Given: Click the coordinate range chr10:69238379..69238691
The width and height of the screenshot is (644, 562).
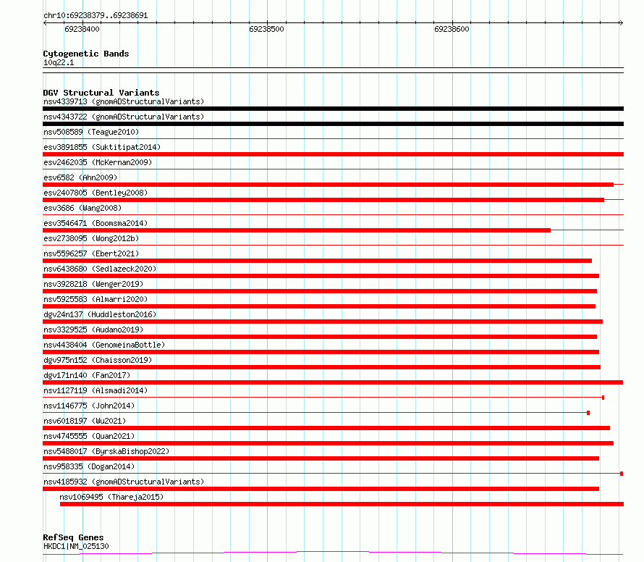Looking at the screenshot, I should pos(96,15).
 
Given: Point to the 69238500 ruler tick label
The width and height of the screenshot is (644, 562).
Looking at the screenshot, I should pos(266,30).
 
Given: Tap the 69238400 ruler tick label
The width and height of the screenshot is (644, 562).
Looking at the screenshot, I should pos(82,30).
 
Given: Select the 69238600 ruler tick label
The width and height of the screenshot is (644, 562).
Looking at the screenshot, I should pos(452,30).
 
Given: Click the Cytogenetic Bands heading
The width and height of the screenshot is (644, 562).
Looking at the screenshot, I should pos(86,54).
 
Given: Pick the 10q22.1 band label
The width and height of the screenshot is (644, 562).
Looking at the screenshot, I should pos(59,63).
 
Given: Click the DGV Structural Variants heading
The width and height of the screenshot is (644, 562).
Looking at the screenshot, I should pos(101,93).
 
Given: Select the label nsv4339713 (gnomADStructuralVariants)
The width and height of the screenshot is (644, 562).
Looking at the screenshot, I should pos(124,101).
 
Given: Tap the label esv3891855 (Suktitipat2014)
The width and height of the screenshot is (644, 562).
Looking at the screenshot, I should pos(102,147).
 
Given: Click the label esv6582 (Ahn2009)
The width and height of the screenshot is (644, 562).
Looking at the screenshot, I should pos(80,177).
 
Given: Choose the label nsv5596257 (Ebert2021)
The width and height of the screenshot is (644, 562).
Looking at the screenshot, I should pos(91,253).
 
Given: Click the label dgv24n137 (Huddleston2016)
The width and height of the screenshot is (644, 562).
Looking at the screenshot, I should pos(100,314).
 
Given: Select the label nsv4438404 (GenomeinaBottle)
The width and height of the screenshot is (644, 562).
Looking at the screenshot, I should pos(104,345).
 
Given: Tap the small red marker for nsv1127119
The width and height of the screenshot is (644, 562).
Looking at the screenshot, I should pos(603,398).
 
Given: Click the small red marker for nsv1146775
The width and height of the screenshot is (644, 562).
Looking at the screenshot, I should pos(588,413).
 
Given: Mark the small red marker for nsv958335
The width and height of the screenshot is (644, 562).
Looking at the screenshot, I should pos(622,474).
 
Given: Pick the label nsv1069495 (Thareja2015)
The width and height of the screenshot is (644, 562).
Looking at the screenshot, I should pos(112,497).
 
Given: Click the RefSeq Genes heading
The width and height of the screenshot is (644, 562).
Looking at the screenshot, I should pos(73,538).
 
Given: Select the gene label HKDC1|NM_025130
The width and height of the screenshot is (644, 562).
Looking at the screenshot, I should pos(76,546).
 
